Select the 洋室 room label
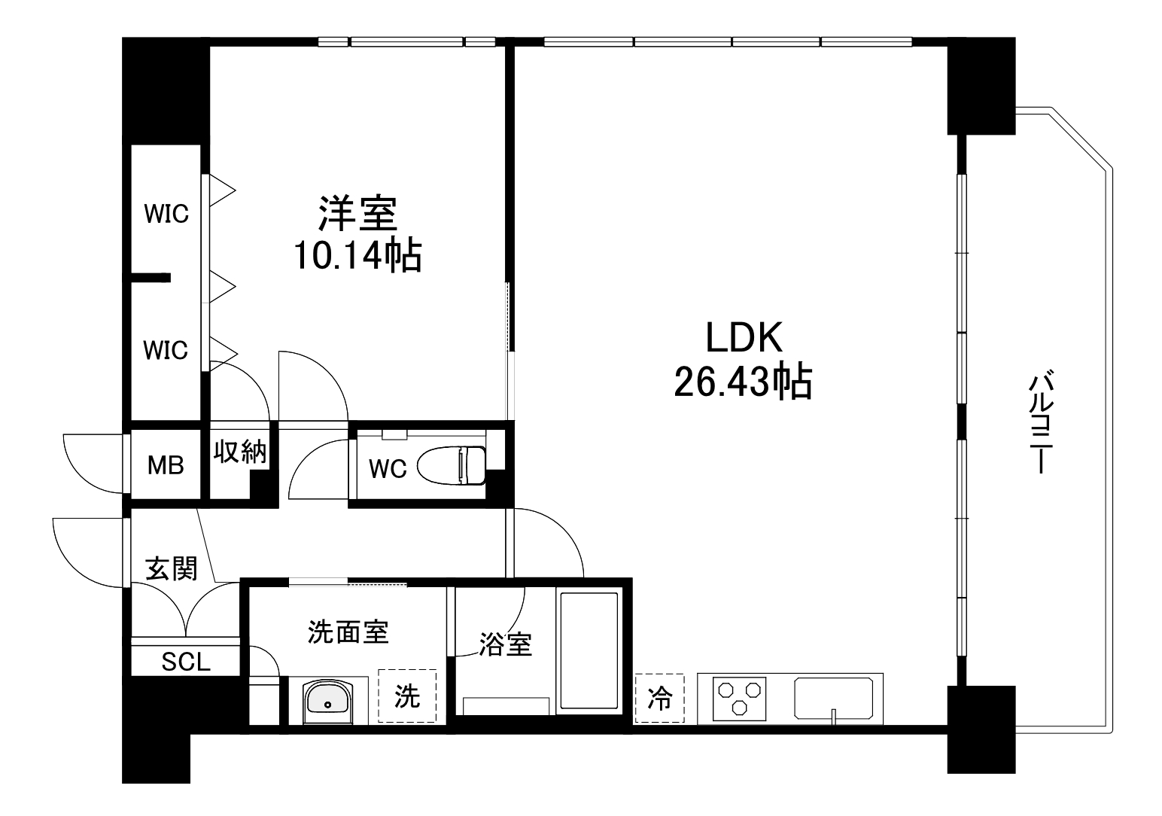pos(357,213)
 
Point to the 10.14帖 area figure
pos(357,255)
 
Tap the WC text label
pos(388,469)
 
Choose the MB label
pos(166,465)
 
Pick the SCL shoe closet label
pos(186,662)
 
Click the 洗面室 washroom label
pos(348,632)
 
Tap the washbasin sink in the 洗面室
pos(328,701)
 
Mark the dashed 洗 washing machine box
pos(407,696)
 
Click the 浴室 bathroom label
pos(506,644)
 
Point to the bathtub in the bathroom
pos(588,651)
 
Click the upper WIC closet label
pos(166,214)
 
